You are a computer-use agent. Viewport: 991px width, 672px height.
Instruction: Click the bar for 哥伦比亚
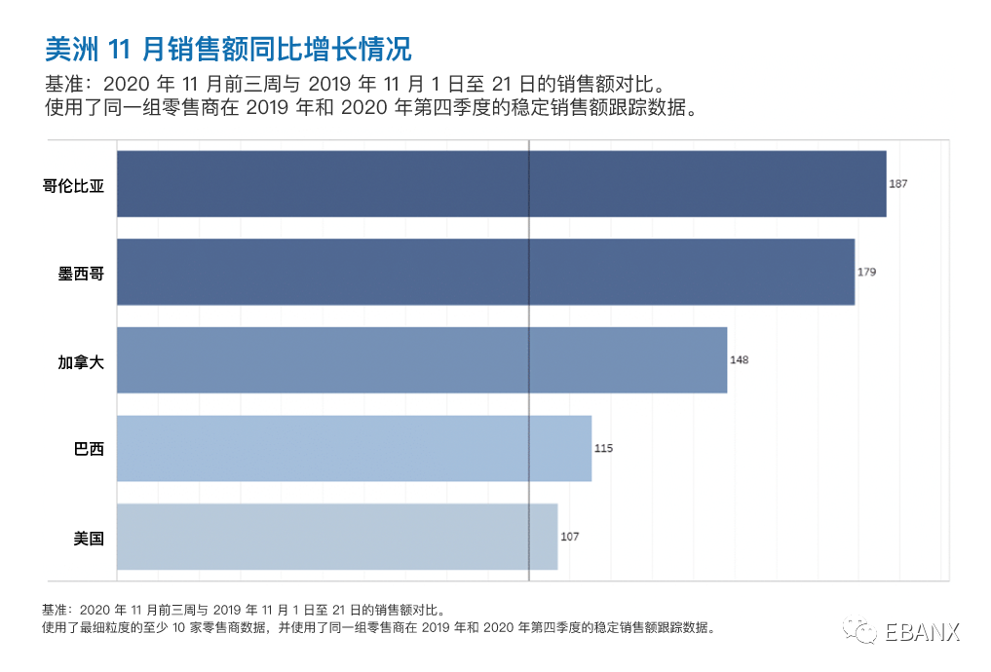(x=501, y=183)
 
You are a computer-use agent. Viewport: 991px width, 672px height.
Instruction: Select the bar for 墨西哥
(x=485, y=272)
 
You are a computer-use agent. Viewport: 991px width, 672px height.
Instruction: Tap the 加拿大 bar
(x=421, y=359)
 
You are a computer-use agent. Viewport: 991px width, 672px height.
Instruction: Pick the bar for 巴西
(x=354, y=448)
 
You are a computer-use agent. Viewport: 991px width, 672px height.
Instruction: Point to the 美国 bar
(x=336, y=537)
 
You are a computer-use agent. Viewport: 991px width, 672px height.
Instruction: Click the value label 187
(x=898, y=183)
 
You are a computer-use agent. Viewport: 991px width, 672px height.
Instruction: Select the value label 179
(x=866, y=272)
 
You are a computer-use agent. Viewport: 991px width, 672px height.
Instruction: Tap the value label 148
(x=739, y=359)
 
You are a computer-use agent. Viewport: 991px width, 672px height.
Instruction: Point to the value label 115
(x=603, y=448)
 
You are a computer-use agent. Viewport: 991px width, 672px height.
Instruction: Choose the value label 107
(x=569, y=537)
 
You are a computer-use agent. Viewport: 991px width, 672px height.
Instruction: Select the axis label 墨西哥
(x=81, y=273)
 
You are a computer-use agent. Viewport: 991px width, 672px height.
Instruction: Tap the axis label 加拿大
(x=81, y=360)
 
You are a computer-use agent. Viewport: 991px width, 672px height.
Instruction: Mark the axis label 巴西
(x=89, y=449)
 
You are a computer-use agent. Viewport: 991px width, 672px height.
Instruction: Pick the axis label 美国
(x=89, y=538)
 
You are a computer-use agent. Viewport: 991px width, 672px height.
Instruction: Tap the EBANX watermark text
(x=922, y=632)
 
